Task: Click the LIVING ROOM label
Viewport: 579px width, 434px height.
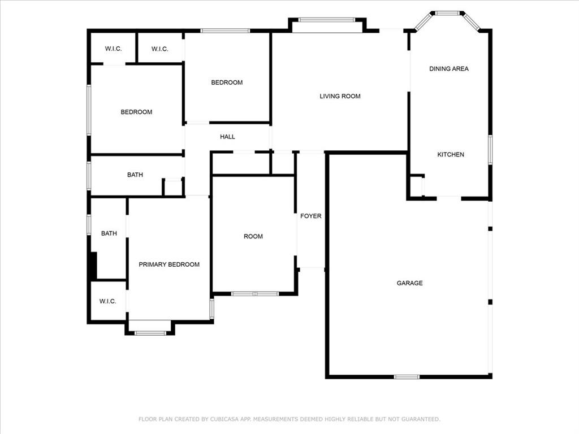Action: coord(340,96)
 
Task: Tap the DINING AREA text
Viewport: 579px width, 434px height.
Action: coord(448,68)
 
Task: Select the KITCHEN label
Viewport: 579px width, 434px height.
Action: coord(451,155)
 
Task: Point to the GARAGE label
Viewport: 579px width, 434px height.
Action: coord(409,283)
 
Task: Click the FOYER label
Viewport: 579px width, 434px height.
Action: coord(310,216)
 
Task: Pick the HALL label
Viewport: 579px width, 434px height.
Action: coord(227,137)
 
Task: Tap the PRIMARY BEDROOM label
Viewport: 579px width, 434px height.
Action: coord(168,264)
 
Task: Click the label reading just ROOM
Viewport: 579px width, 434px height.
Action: coord(253,237)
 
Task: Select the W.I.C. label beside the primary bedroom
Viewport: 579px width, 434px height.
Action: coord(107,302)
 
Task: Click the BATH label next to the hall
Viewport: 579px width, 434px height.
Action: coord(135,175)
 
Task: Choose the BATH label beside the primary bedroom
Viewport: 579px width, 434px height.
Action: coord(109,233)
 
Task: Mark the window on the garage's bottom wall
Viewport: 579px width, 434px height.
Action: coord(407,377)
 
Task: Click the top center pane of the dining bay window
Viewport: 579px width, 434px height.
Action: coord(447,14)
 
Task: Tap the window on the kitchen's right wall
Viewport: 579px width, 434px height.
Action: coord(490,150)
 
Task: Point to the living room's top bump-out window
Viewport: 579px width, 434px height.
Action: coord(327,20)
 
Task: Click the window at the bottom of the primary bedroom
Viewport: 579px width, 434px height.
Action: coord(150,333)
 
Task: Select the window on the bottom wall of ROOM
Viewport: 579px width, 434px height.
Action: coord(255,294)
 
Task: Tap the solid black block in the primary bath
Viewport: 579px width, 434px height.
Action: coord(94,266)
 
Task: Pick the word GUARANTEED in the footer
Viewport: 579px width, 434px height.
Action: coord(421,419)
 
